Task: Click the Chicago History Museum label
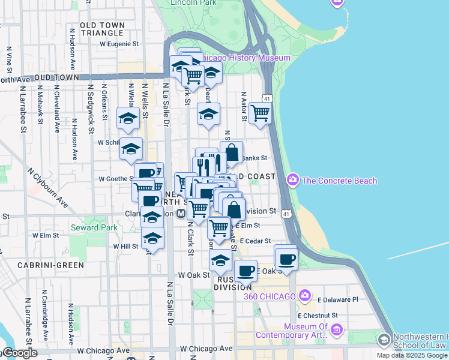[x=244, y=58]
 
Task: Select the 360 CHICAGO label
[x=270, y=296]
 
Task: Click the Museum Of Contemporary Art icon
[x=336, y=330]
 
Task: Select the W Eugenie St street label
[x=119, y=44]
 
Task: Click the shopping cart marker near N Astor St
[x=260, y=113]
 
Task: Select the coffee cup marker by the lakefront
[x=286, y=258]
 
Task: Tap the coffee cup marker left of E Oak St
[x=245, y=271]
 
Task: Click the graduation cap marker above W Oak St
[x=221, y=260]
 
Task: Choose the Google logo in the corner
[x=19, y=353]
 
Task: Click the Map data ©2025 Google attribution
[x=412, y=355]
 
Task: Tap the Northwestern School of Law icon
[x=383, y=340]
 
